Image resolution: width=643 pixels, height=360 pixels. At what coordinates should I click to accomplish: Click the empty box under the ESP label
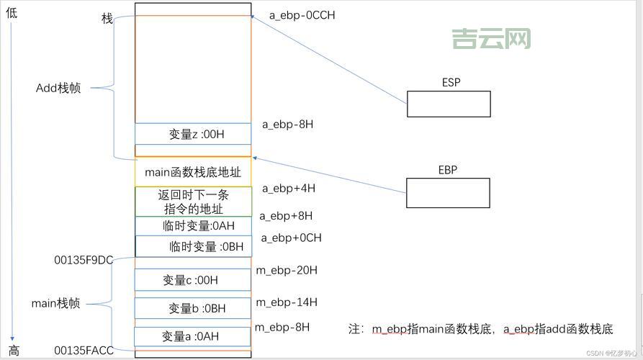[x=449, y=104]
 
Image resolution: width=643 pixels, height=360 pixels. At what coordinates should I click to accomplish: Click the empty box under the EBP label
[x=448, y=192]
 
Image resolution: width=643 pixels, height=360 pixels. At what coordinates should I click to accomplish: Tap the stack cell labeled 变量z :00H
[x=193, y=134]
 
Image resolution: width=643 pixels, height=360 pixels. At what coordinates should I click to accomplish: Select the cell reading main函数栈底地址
[x=193, y=173]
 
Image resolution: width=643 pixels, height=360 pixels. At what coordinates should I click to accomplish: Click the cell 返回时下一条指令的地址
[x=193, y=202]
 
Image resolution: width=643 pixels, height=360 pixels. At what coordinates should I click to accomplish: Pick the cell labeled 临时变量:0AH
[x=193, y=226]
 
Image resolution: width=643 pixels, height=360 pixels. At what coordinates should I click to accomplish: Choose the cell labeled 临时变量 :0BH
[x=193, y=246]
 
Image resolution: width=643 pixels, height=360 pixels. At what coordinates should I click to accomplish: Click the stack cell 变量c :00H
[x=193, y=280]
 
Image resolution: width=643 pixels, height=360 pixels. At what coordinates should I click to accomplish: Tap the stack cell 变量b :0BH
[x=193, y=308]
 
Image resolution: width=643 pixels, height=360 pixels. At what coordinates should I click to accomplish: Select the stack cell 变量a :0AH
[x=193, y=336]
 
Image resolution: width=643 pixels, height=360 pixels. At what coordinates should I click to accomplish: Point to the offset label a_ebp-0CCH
[x=302, y=14]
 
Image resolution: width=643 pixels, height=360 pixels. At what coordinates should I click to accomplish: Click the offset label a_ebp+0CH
[x=291, y=238]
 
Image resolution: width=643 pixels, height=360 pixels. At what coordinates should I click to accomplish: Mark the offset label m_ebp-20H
[x=287, y=270]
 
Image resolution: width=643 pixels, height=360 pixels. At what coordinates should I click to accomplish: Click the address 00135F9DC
[x=84, y=259]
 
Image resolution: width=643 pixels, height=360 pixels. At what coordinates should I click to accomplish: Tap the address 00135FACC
[x=84, y=351]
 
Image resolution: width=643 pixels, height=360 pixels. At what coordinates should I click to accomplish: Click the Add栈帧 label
[x=58, y=88]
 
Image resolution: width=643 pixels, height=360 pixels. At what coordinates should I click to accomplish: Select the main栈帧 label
[x=55, y=303]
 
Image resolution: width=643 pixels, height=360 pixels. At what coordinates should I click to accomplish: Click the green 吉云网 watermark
[x=491, y=38]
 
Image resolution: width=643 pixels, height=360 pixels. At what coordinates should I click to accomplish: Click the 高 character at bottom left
[x=13, y=352]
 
